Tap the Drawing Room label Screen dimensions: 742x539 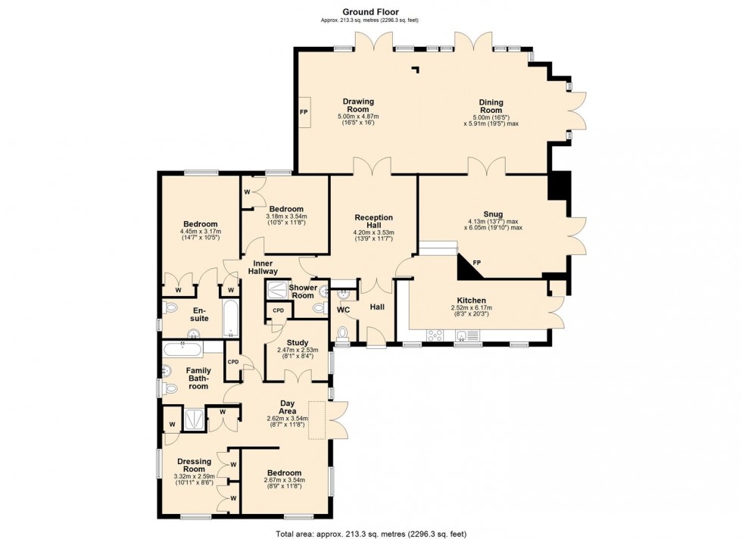tap(358, 105)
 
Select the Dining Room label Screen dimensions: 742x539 tap(491, 106)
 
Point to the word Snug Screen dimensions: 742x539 tap(493, 214)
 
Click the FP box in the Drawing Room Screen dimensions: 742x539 tap(304, 112)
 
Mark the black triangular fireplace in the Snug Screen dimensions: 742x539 tap(469, 266)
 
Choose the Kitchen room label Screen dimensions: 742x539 tap(471, 301)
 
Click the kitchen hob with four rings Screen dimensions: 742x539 tap(435, 335)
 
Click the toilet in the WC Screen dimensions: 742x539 tap(342, 333)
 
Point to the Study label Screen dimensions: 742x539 tap(297, 343)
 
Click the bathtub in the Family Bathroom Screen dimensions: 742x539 tap(183, 351)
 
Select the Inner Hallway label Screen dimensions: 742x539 tap(263, 267)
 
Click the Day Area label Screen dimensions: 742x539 tap(287, 407)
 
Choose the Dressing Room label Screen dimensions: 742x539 tap(194, 465)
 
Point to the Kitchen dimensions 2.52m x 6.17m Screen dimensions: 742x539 tap(471, 307)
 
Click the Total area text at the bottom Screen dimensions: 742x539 tap(371, 534)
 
